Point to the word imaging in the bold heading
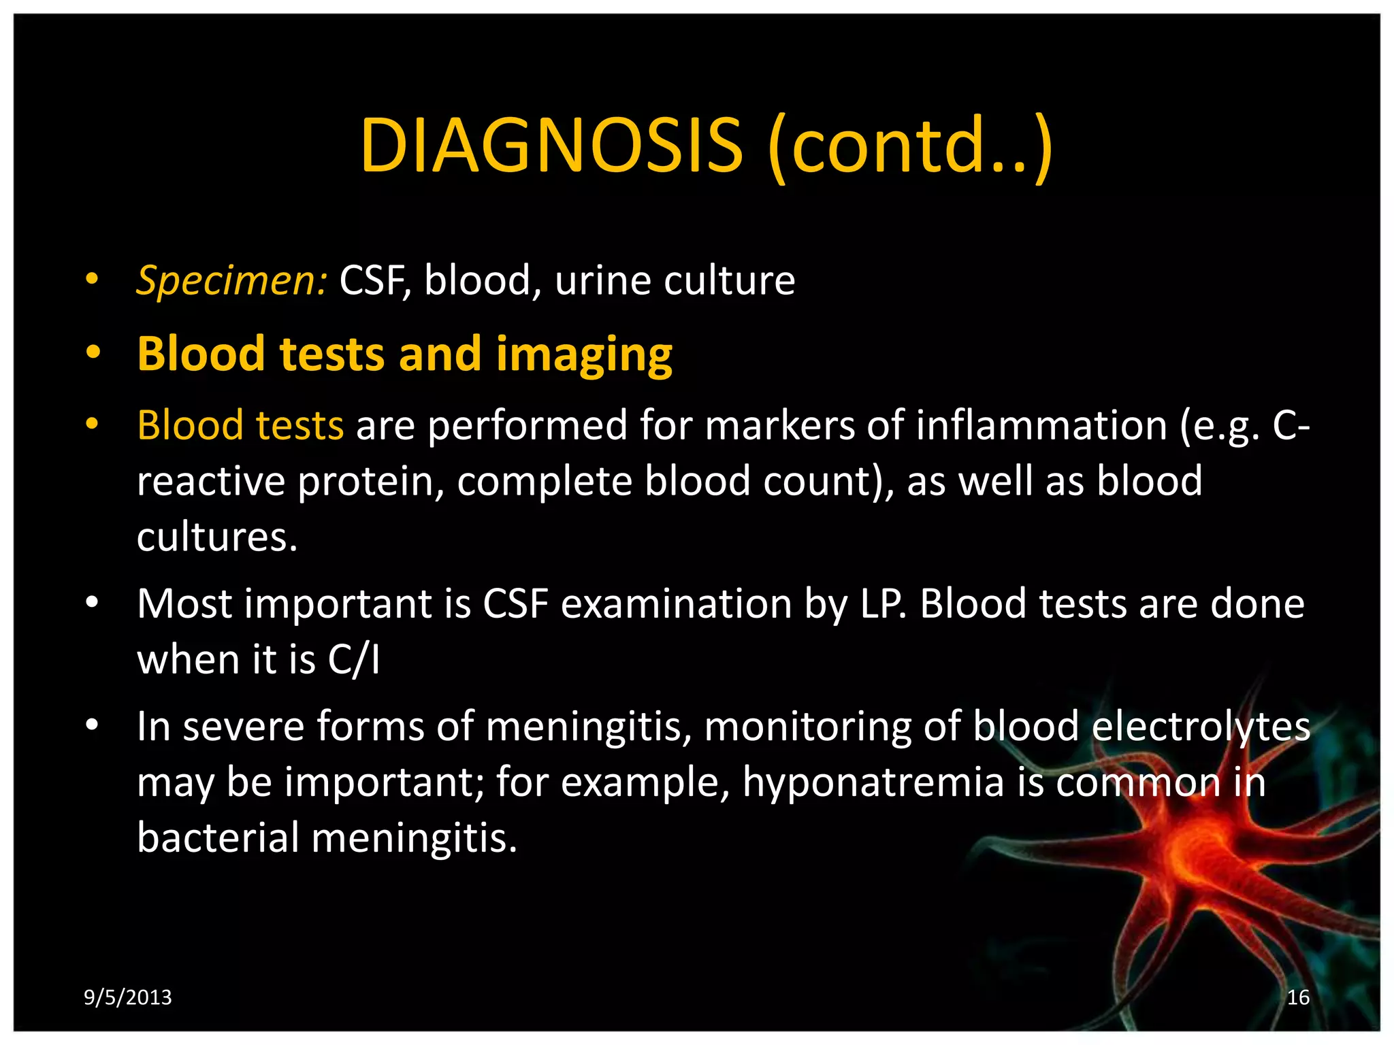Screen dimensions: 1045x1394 (x=583, y=355)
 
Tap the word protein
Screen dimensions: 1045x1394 (x=371, y=482)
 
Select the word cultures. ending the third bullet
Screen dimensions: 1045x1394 (x=217, y=537)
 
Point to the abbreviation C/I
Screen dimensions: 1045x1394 (x=353, y=660)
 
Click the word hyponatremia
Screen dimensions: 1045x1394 (x=873, y=782)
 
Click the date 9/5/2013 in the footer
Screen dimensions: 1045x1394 (x=127, y=997)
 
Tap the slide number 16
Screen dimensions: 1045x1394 (x=1298, y=997)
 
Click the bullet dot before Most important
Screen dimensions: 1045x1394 (x=93, y=602)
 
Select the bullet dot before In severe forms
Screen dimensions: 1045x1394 (x=93, y=725)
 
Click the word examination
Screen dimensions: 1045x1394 (x=676, y=604)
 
